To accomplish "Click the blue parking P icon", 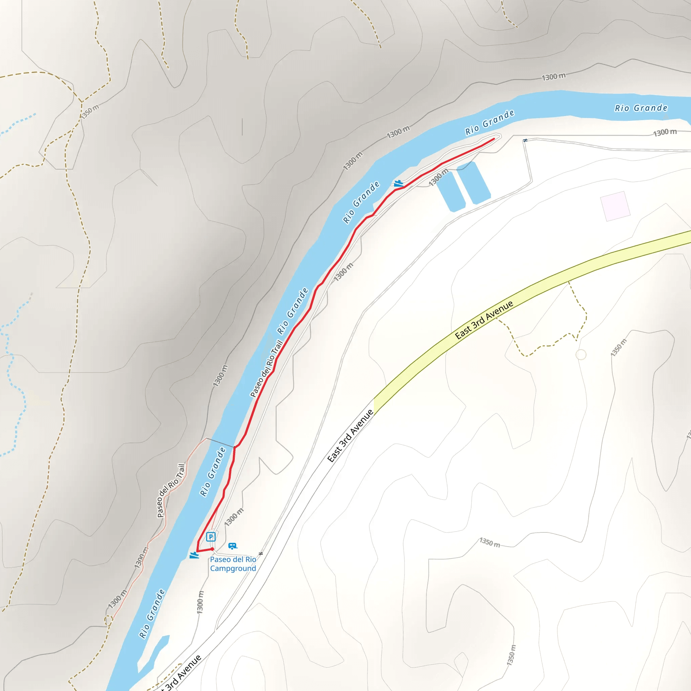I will pyautogui.click(x=211, y=536).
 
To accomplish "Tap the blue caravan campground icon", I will pyautogui.click(x=232, y=546).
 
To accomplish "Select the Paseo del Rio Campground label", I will pyautogui.click(x=233, y=564).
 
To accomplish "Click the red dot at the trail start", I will pyautogui.click(x=212, y=549).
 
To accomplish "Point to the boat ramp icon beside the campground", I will pyautogui.click(x=194, y=555).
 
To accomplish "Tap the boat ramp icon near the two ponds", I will pyautogui.click(x=398, y=184).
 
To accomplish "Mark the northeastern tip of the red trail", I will pyautogui.click(x=494, y=139).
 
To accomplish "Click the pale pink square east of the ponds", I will pyautogui.click(x=615, y=206).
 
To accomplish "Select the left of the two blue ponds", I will pyautogui.click(x=450, y=191).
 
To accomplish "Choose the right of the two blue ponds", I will pyautogui.click(x=473, y=183).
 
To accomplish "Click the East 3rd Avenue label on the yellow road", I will pyautogui.click(x=484, y=320).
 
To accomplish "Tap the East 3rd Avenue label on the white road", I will pyautogui.click(x=351, y=436).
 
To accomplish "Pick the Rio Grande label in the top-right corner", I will pyautogui.click(x=641, y=108).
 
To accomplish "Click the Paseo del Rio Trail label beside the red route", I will pyautogui.click(x=267, y=369).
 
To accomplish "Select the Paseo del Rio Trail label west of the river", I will pyautogui.click(x=171, y=490).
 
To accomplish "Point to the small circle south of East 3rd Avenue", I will pyautogui.click(x=581, y=355).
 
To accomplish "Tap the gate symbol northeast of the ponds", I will pyautogui.click(x=525, y=140).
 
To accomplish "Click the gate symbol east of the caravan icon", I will pyautogui.click(x=261, y=554).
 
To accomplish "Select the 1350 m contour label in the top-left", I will pyautogui.click(x=89, y=112).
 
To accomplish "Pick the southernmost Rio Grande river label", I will pyautogui.click(x=152, y=614).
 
